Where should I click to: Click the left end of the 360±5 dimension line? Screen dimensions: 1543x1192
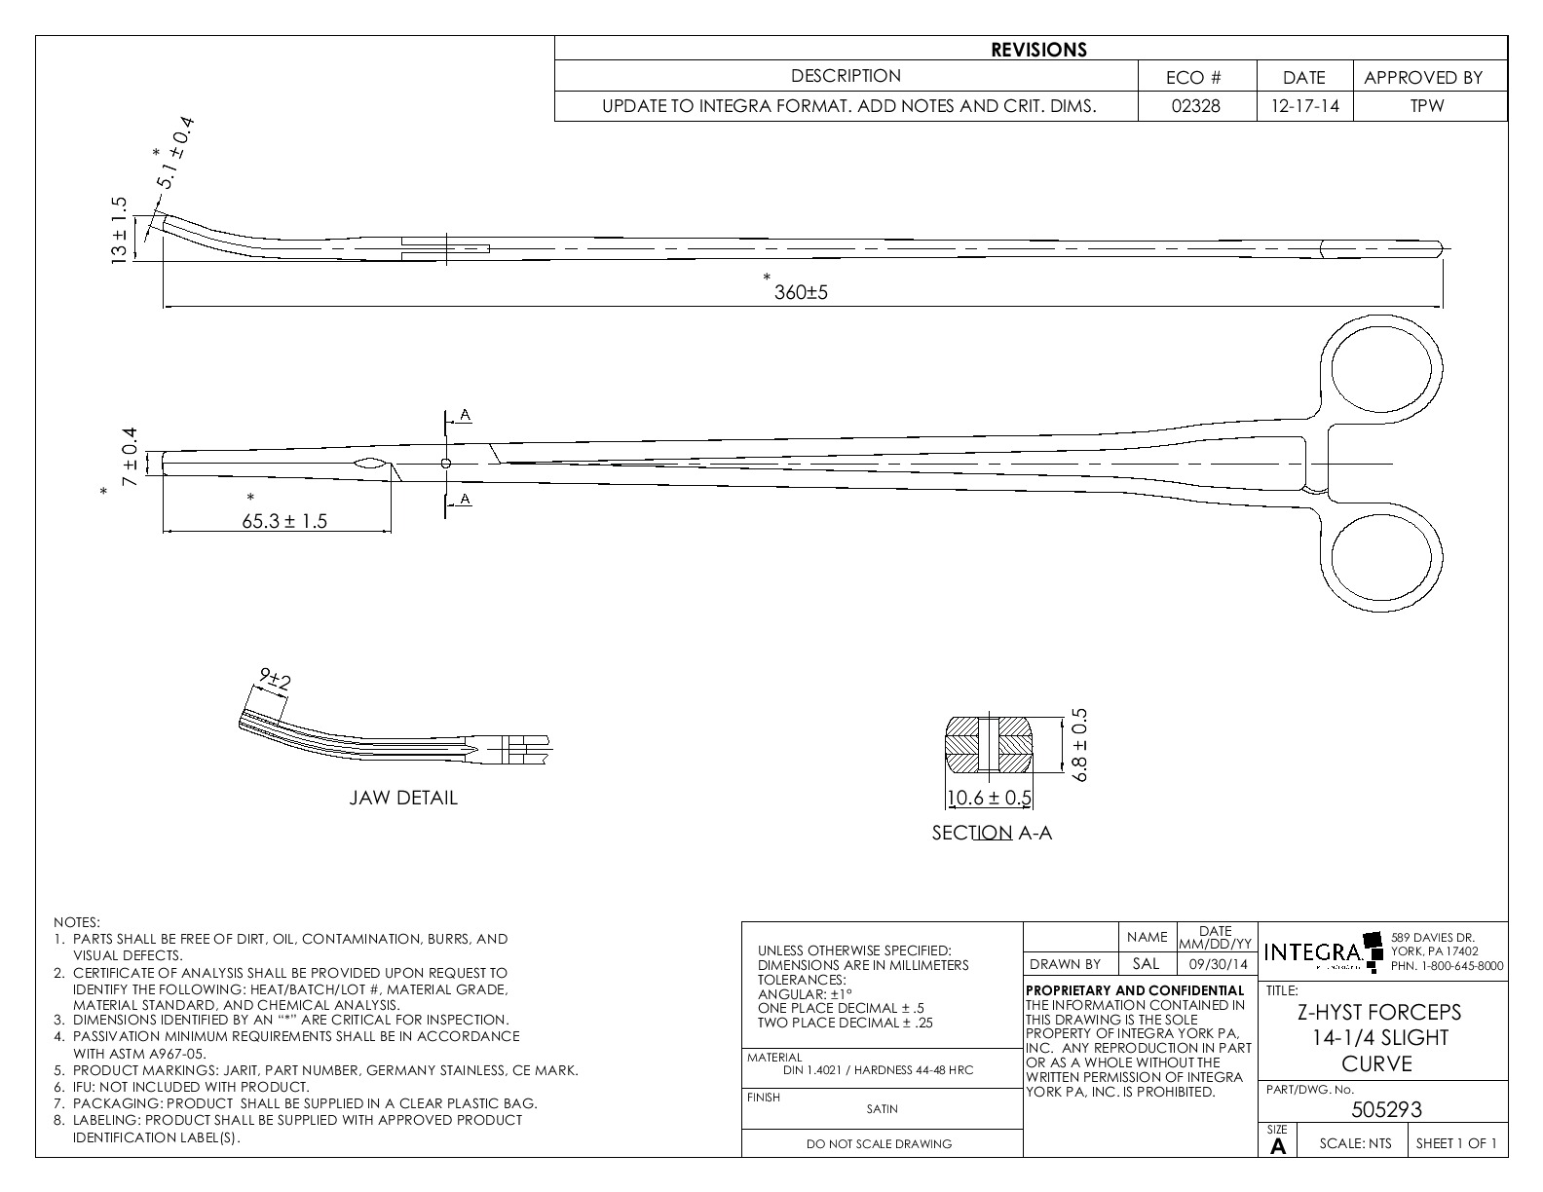[x=164, y=307]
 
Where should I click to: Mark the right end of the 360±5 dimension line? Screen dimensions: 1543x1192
[x=1442, y=307]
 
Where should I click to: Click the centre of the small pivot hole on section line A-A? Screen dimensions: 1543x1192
[x=446, y=464]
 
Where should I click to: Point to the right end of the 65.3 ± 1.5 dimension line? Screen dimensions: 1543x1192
[x=391, y=531]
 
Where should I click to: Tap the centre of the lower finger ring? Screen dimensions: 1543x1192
[x=1381, y=556]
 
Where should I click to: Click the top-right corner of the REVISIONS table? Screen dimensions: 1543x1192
[x=1508, y=36]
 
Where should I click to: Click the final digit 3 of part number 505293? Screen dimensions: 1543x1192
[x=1416, y=1109]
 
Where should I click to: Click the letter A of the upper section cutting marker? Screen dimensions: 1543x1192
[x=465, y=415]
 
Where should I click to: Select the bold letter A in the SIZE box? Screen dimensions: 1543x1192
[x=1278, y=1146]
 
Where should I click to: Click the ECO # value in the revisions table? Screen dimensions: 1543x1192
[x=1196, y=106]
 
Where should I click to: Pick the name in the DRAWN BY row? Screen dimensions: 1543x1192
[x=1147, y=963]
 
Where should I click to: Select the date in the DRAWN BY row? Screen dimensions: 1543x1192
[x=1218, y=964]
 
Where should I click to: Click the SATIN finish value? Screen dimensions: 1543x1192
[x=882, y=1108]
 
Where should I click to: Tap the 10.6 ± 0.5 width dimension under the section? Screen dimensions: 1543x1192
[x=989, y=798]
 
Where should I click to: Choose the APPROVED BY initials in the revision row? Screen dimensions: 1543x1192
[x=1427, y=106]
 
